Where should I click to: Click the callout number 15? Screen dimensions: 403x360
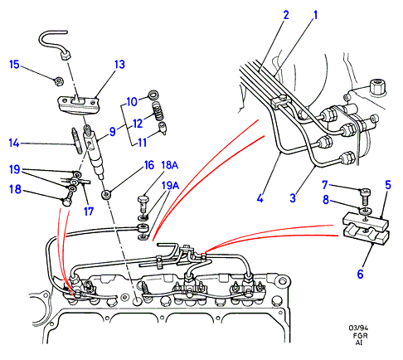[x=14, y=65]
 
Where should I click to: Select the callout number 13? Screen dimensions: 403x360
[x=119, y=65]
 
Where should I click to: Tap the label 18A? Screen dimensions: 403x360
[x=169, y=165]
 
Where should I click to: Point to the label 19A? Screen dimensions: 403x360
[x=170, y=185]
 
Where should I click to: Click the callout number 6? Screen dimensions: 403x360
[x=360, y=274]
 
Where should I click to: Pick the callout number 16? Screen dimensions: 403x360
[x=149, y=165]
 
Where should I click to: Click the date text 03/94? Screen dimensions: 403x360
[x=358, y=328]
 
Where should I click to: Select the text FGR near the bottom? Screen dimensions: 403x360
[x=360, y=336]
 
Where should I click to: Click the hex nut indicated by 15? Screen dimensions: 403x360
[x=59, y=81]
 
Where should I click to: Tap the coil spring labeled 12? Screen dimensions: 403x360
[x=158, y=111]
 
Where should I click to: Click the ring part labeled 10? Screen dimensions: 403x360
[x=153, y=95]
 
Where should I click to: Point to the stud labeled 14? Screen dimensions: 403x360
[x=77, y=140]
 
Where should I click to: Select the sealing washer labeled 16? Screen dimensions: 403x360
[x=106, y=195]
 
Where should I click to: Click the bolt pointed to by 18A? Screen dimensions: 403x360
[x=143, y=203]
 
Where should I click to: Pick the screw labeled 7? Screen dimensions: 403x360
[x=366, y=196]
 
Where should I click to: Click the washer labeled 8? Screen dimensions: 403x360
[x=365, y=212]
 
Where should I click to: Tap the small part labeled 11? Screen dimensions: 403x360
[x=163, y=128]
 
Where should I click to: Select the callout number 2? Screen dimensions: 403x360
[x=286, y=15]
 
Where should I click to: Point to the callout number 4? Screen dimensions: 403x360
[x=260, y=198]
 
